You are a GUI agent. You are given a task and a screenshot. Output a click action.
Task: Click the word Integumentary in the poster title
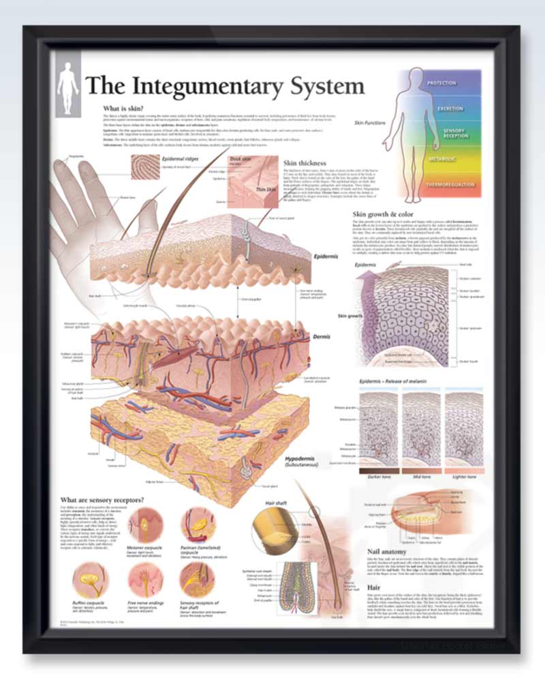click(224, 86)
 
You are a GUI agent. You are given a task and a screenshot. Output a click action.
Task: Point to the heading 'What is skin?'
click(123, 108)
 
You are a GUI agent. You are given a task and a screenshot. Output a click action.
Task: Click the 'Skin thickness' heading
click(305, 163)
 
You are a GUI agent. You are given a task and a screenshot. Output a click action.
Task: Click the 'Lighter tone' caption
click(463, 477)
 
